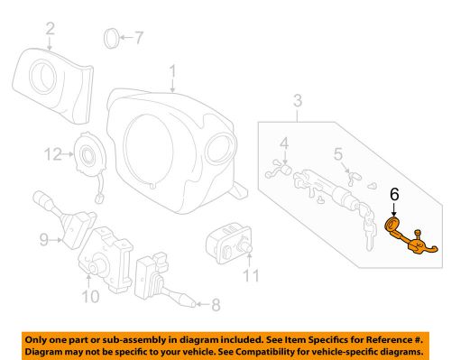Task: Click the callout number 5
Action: (x=337, y=154)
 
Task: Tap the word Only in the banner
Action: (x=41, y=336)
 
